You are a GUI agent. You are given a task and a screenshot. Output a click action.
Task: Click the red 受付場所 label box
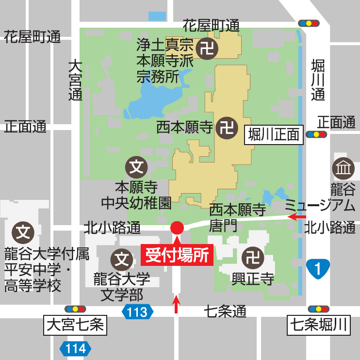point(177,254)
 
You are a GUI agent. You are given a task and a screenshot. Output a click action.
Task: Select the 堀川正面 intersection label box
point(274,134)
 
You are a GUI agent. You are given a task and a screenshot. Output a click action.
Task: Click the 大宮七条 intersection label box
point(75,325)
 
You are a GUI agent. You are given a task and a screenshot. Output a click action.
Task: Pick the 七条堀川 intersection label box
point(319,325)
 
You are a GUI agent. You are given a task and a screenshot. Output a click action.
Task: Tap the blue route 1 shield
point(318,269)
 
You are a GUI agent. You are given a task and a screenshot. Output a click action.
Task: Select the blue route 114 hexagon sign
point(76,348)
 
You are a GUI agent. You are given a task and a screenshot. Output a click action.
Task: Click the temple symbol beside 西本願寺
point(227,128)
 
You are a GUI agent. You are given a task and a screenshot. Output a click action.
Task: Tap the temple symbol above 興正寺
point(252,257)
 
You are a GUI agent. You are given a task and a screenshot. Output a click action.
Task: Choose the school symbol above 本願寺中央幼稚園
point(136,167)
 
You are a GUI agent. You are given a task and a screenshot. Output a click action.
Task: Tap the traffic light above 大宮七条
point(75,309)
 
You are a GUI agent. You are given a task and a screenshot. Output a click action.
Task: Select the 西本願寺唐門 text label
point(237,217)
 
